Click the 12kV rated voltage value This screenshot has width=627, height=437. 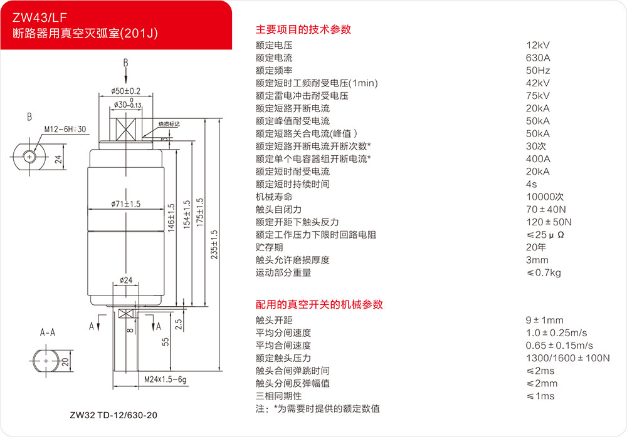[x=538, y=45]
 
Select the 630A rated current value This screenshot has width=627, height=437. [x=538, y=58]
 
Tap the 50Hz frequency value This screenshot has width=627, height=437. [x=538, y=71]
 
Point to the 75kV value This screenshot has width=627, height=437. [x=538, y=96]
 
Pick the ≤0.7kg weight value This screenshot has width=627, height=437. [x=544, y=272]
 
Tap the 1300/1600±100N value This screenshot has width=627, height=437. [x=567, y=358]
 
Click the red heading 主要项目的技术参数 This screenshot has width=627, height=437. [x=303, y=29]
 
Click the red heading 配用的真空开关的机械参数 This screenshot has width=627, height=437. [x=319, y=304]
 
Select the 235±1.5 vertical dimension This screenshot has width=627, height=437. [x=214, y=244]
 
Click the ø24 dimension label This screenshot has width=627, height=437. [x=126, y=280]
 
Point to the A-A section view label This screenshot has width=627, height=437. [x=48, y=332]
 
